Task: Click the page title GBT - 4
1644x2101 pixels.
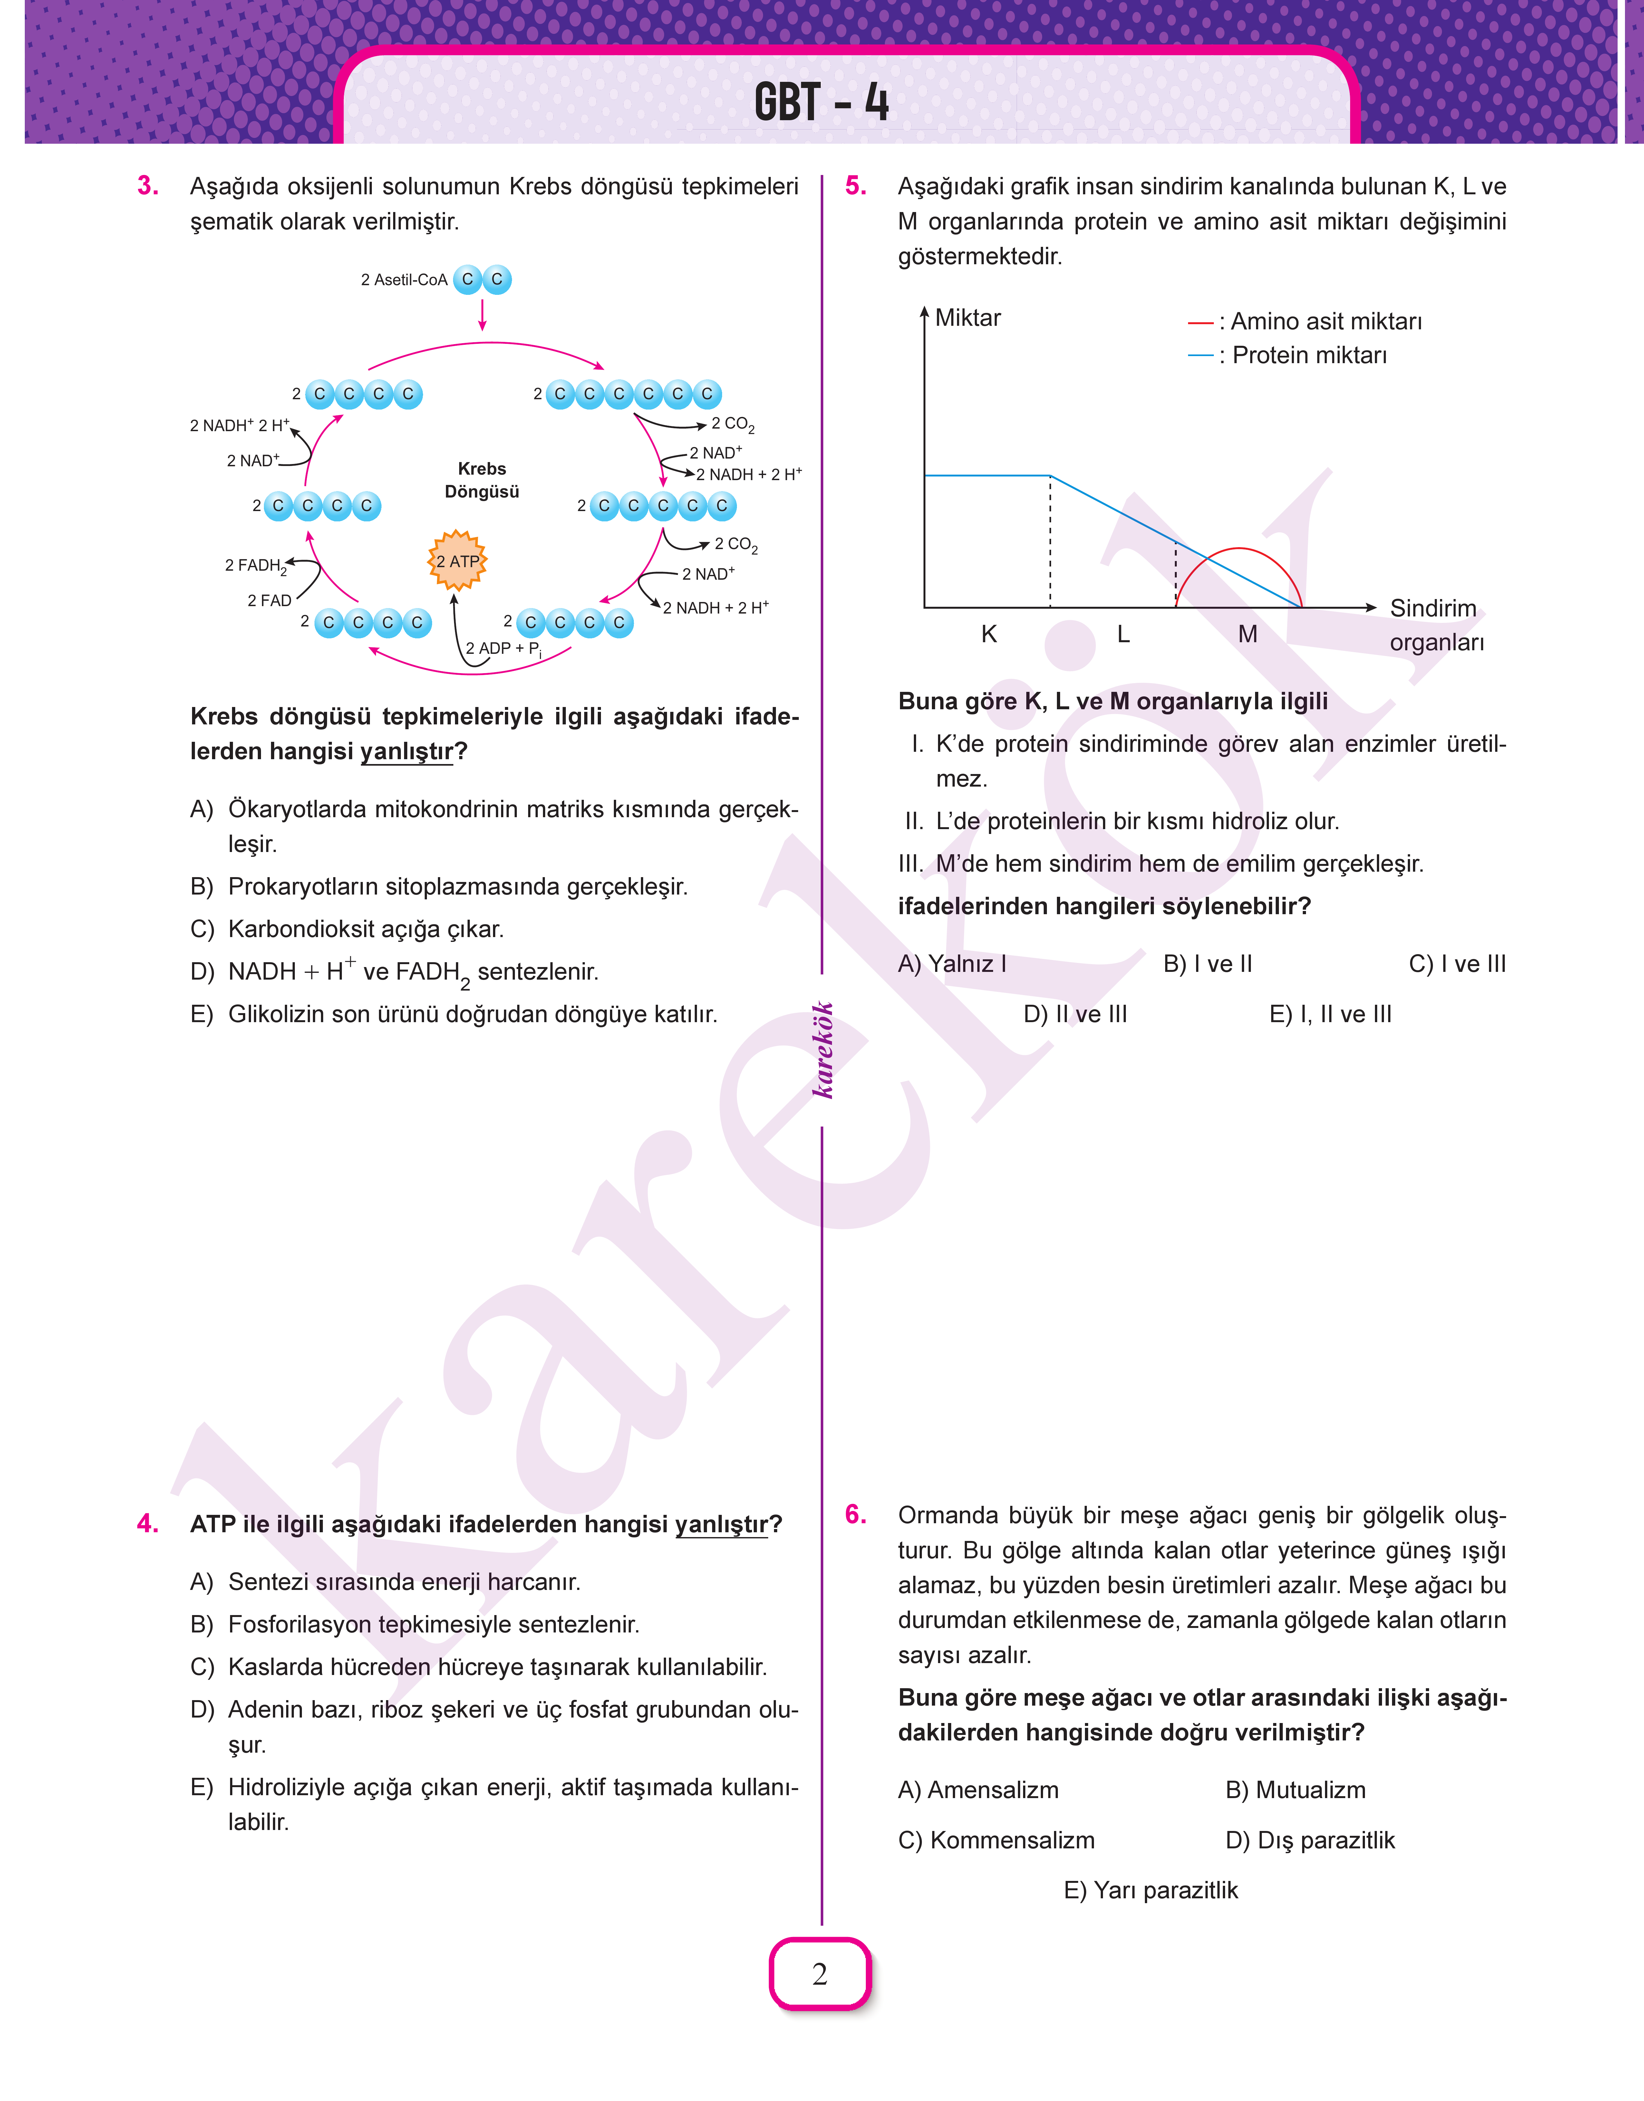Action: [821, 102]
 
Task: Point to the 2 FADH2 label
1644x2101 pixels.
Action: [255, 566]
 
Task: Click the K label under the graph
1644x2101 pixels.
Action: [989, 634]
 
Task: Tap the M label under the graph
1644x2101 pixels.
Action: [1247, 634]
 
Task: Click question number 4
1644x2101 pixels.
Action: [147, 1524]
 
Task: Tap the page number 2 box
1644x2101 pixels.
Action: [820, 1973]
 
